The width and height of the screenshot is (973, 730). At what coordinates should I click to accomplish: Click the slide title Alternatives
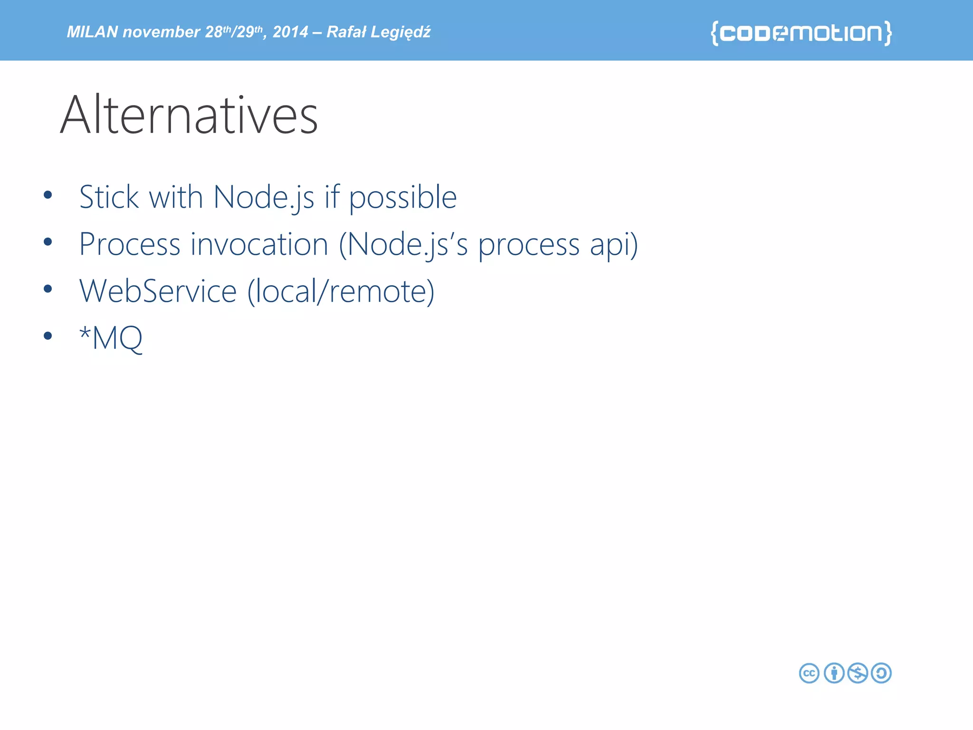[189, 115]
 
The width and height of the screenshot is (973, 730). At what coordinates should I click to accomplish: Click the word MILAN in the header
[92, 32]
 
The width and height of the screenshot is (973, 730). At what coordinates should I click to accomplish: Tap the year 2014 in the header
[290, 32]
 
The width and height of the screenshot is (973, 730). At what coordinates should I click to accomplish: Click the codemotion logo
[801, 33]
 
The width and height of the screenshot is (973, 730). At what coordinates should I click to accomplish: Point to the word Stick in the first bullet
[109, 197]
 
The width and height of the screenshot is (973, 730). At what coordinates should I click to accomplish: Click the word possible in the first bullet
[403, 198]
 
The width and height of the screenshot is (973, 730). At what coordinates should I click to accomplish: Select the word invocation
[259, 244]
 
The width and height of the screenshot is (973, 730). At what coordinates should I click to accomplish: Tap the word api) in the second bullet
[614, 244]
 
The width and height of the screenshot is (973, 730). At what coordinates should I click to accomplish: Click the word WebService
[158, 291]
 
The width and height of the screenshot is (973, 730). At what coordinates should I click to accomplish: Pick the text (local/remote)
[341, 291]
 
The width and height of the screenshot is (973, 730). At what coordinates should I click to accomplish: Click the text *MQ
[111, 338]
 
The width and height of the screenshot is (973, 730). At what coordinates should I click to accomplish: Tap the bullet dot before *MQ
[48, 336]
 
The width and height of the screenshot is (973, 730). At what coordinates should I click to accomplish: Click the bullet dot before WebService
[48, 289]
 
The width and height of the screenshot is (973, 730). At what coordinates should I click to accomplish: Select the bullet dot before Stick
[48, 195]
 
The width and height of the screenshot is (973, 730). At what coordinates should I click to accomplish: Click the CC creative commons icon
[809, 673]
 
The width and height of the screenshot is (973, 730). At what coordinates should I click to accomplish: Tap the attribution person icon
[834, 673]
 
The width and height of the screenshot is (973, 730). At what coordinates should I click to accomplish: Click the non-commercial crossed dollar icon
[858, 673]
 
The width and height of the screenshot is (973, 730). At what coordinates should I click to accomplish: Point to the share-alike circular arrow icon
[882, 673]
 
